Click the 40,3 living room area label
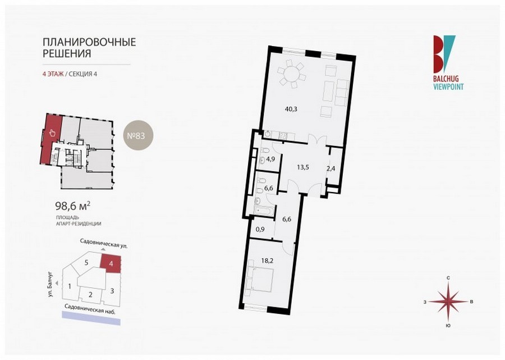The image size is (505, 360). [x=291, y=109]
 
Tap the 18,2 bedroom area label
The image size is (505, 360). [x=267, y=261]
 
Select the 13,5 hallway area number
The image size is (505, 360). [x=303, y=167]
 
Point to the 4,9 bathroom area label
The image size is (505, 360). [x=270, y=158]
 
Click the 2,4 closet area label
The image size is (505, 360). [x=331, y=168]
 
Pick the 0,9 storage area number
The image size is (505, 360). [x=260, y=230]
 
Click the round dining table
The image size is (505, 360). [x=292, y=74]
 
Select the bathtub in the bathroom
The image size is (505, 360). [x=265, y=211]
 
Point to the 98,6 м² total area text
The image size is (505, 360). [x=73, y=206]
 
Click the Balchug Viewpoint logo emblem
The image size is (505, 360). [x=444, y=54]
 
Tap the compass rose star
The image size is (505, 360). [x=448, y=302]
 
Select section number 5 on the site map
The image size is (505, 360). [x=86, y=262]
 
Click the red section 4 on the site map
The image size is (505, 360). [x=111, y=263]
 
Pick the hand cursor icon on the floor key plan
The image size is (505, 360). [x=52, y=133]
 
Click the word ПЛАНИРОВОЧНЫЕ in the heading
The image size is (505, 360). [x=89, y=42]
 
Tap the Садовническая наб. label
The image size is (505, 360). [x=90, y=309]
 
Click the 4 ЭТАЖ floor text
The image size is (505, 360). [x=53, y=74]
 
